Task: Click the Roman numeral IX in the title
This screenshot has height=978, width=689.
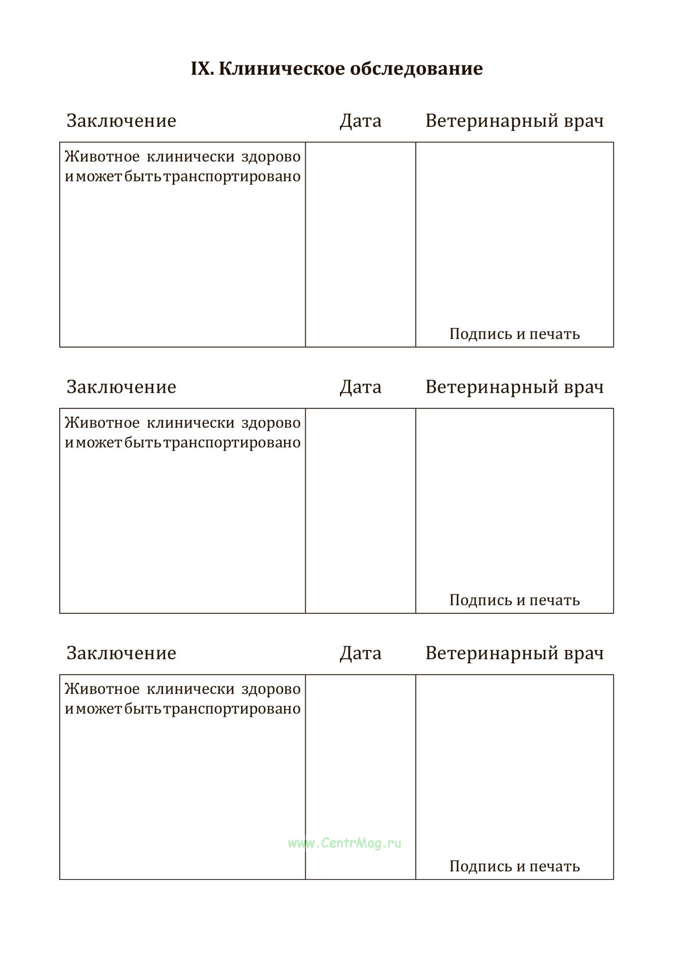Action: [x=202, y=69]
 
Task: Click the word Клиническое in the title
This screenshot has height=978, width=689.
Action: [x=282, y=69]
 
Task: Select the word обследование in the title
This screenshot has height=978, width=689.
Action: [x=416, y=69]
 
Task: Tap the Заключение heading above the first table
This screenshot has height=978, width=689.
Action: [x=121, y=121]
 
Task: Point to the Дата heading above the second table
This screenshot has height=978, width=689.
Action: [x=360, y=387]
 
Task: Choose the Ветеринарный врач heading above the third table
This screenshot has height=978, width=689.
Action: [x=514, y=653]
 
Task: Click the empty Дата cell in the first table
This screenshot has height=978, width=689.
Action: [x=360, y=244]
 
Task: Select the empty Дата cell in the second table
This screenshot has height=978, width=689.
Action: [x=360, y=511]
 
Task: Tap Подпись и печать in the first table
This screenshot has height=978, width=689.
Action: [x=514, y=334]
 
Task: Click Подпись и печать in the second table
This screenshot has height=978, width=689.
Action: [x=514, y=600]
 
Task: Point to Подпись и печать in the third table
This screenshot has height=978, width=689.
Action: [x=514, y=866]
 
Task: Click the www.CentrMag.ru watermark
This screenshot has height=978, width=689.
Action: [x=344, y=843]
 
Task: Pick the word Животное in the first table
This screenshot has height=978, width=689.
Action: [x=102, y=157]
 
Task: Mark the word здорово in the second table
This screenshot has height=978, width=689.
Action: [x=270, y=423]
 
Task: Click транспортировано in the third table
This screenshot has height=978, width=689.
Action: [x=232, y=709]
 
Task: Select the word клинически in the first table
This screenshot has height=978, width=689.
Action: [x=191, y=157]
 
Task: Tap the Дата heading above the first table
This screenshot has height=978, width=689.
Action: [x=360, y=121]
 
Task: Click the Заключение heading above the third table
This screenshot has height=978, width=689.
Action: [x=121, y=653]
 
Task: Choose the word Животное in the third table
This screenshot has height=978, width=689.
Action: [x=102, y=689]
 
